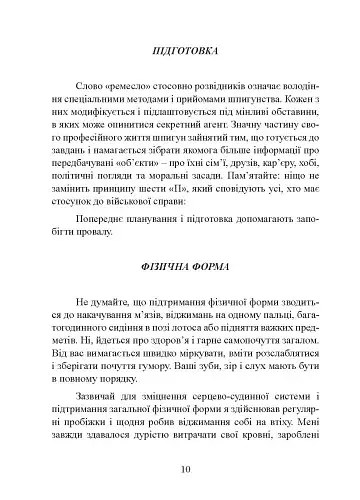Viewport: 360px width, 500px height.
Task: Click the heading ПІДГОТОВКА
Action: [x=180, y=49]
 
